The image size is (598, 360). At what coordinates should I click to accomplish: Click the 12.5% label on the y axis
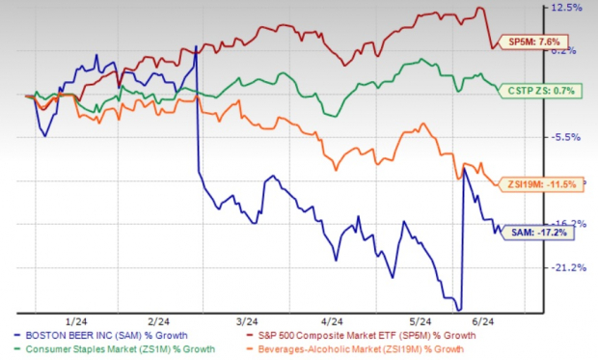(x=565, y=8)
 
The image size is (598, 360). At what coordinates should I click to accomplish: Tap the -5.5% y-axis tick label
(x=565, y=137)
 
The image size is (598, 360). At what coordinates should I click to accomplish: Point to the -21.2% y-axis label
(x=565, y=267)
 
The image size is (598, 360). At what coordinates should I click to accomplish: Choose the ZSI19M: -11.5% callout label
(x=541, y=183)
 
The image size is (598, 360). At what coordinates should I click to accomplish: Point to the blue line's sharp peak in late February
(x=197, y=45)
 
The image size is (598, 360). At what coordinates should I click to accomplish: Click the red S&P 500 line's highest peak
(x=479, y=9)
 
